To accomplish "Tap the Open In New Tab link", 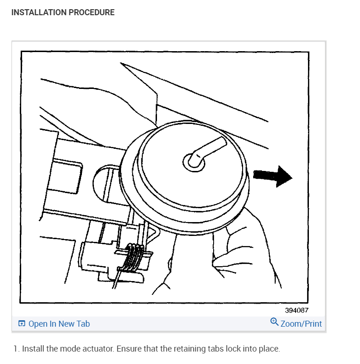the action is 59,324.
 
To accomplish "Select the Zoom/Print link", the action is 301,324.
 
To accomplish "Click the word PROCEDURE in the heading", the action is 91,12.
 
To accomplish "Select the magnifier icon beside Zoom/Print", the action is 274,322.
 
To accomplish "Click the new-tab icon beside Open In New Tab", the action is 22,324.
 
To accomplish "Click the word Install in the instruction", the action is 33,349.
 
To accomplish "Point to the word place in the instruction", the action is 269,349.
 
